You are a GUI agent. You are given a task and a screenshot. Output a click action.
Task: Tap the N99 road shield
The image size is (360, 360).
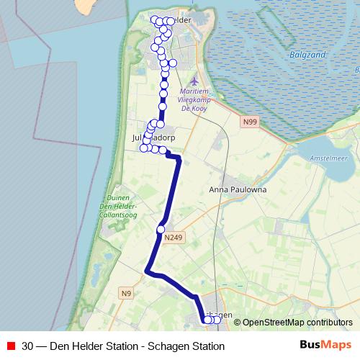pyautogui.click(x=250, y=122)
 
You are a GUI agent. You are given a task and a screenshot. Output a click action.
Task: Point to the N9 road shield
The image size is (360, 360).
pyautogui.click(x=127, y=292)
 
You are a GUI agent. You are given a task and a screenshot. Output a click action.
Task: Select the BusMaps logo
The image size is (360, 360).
pyautogui.click(x=325, y=346)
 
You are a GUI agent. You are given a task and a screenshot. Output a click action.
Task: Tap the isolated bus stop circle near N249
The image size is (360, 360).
pyautogui.click(x=161, y=230)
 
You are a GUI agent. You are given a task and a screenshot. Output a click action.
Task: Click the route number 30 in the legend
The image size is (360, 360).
pyautogui.click(x=27, y=346)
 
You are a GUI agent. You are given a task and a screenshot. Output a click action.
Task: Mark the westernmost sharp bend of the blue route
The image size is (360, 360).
pyautogui.click(x=147, y=271)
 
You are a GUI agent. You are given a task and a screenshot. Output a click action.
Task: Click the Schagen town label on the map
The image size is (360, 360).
pyautogui.click(x=219, y=314)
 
